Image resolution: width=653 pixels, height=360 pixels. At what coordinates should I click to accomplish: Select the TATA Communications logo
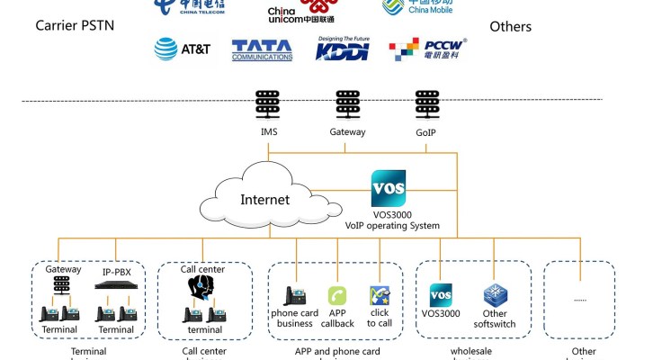pos(262,49)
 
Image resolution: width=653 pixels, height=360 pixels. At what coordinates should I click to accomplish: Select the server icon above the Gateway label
pos(347,105)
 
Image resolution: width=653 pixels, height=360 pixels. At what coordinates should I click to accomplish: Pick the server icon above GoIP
pos(427,105)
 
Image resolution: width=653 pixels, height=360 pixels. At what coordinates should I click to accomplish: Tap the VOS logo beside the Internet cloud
pos(388,187)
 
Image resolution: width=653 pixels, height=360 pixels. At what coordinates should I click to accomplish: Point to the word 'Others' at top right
pos(510,26)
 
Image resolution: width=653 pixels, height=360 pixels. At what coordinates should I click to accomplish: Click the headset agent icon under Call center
pos(200,286)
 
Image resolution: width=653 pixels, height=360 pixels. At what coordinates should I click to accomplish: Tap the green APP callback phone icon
pos(337,296)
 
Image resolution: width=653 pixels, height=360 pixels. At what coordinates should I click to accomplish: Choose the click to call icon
pos(380,296)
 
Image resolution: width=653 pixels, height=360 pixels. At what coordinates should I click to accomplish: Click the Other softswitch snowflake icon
pos(496,296)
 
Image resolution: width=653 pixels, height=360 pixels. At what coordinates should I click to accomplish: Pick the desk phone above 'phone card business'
pos(294,296)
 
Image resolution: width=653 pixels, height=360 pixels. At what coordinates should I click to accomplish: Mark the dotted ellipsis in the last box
pos(580,298)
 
